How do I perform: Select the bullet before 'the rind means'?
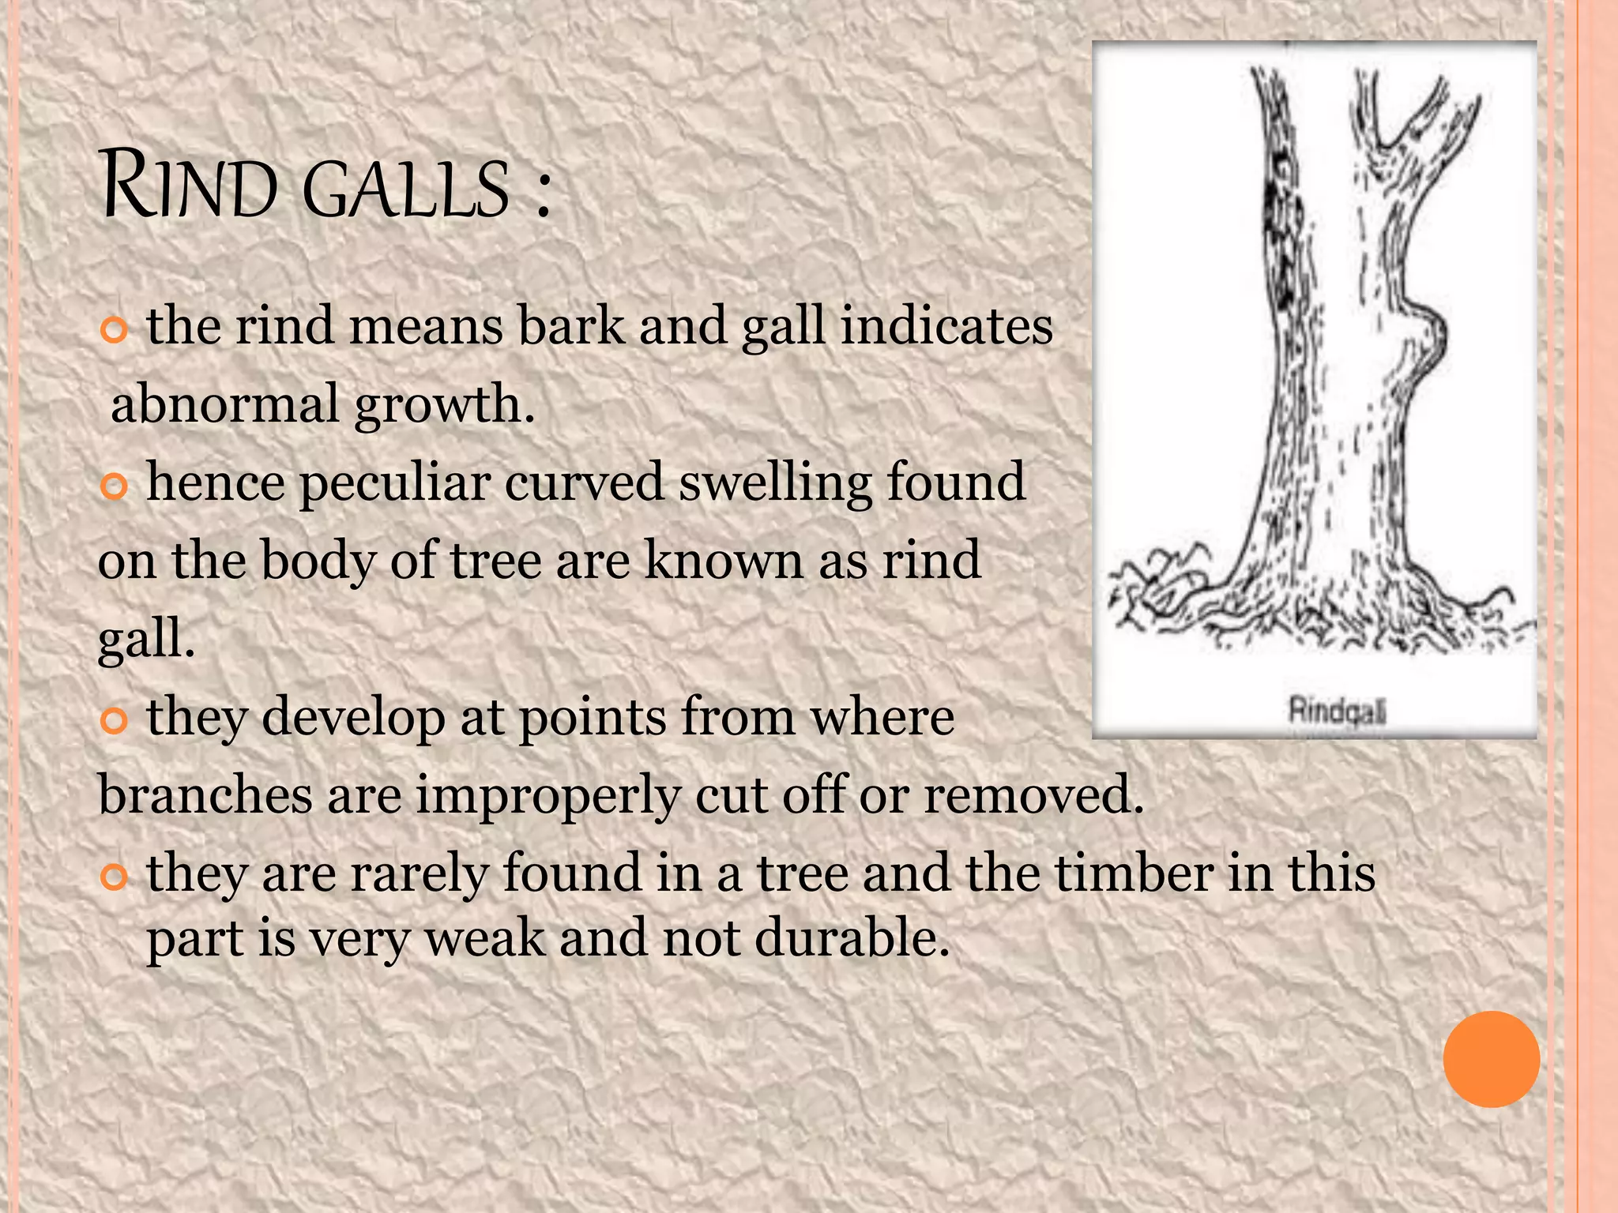(x=115, y=330)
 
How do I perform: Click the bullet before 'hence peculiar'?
(x=115, y=486)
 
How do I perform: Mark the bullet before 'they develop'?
(x=115, y=721)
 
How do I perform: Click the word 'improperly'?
(x=547, y=794)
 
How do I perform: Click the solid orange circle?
(x=1491, y=1059)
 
